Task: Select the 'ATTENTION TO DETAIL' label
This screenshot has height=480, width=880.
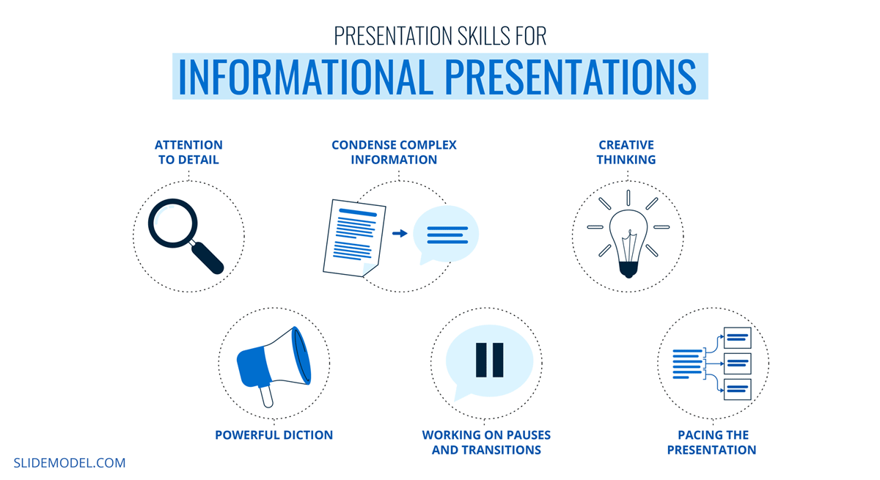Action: point(188,152)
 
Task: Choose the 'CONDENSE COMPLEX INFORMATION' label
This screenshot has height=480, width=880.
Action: point(394,152)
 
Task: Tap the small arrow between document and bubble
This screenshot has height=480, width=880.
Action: point(400,234)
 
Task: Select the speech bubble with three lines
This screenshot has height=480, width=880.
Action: point(446,234)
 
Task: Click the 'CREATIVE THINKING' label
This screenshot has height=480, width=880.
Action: point(626,152)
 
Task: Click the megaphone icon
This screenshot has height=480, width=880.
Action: point(274,362)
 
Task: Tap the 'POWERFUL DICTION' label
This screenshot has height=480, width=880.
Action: point(274,435)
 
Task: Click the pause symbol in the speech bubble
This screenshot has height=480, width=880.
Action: point(489,359)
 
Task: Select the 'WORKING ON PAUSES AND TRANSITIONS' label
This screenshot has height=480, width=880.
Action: point(486,443)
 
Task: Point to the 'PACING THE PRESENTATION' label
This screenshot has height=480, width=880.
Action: point(711,443)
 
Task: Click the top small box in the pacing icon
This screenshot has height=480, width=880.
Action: point(737,338)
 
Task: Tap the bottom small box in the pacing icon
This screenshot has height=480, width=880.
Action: point(737,389)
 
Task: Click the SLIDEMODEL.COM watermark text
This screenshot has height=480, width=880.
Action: point(70,463)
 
